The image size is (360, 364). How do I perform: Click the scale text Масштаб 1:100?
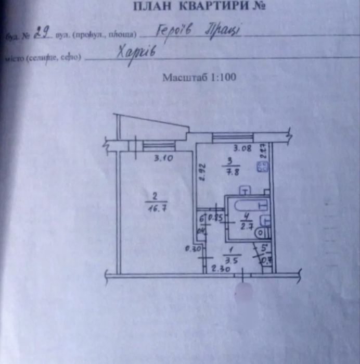(200, 78)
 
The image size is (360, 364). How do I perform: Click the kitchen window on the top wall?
(232, 137)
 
